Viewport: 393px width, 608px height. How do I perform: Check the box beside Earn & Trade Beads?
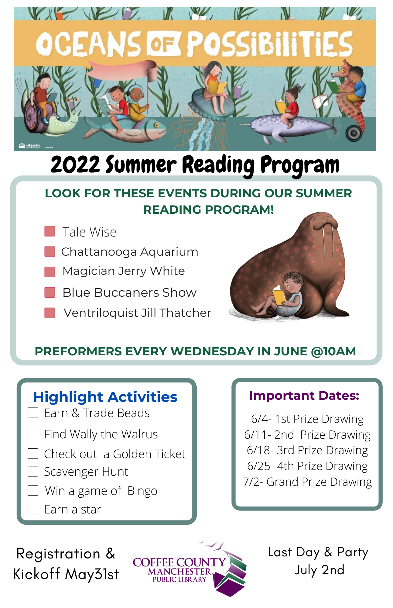point(33,413)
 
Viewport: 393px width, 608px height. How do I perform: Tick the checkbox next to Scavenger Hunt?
point(33,471)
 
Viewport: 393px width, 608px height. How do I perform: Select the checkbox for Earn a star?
point(33,509)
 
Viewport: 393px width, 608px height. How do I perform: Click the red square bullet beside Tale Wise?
point(50,231)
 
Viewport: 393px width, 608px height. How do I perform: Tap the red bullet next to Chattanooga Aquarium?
point(50,251)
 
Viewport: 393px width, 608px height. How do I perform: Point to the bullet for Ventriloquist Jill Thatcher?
point(50,313)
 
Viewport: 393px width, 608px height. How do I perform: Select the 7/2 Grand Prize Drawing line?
point(307,482)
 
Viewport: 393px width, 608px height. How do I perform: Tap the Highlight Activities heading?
point(105,397)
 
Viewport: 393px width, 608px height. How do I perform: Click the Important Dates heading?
point(304,396)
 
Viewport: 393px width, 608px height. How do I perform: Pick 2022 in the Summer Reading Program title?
point(75,164)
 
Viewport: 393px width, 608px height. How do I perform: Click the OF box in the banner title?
point(164,45)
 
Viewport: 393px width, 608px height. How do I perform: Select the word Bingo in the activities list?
point(142,491)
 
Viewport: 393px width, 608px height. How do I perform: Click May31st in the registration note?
point(92,574)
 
